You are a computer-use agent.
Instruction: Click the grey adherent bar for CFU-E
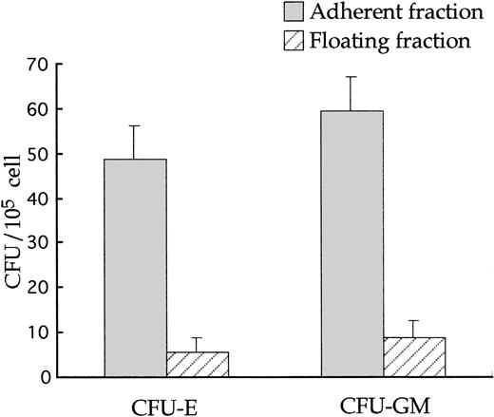(x=135, y=268)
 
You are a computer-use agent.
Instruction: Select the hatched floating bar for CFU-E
(x=198, y=365)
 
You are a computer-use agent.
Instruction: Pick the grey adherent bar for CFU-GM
(x=353, y=244)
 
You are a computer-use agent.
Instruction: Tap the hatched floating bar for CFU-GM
(x=415, y=357)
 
